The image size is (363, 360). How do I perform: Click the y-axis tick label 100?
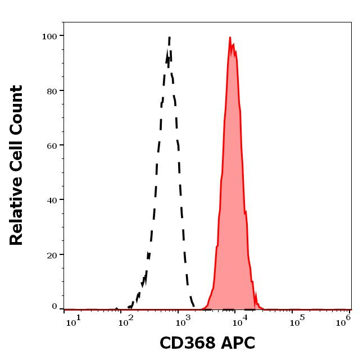pyautogui.click(x=49, y=36)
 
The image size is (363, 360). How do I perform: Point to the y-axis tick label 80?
pyautogui.click(x=52, y=90)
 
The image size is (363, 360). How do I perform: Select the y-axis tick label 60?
pyautogui.click(x=52, y=145)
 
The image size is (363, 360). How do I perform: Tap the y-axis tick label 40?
pyautogui.click(x=52, y=199)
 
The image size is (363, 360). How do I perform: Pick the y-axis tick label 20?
pyautogui.click(x=52, y=254)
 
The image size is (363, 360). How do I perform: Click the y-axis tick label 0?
pyautogui.click(x=55, y=307)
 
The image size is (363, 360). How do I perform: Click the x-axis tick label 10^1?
pyautogui.click(x=73, y=320)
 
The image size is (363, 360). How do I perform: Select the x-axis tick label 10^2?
pyautogui.click(x=128, y=320)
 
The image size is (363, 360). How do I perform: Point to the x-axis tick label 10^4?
pyautogui.click(x=238, y=320)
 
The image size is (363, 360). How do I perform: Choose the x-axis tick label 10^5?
pyautogui.click(x=294, y=320)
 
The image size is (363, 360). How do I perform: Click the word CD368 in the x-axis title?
pyautogui.click(x=185, y=343)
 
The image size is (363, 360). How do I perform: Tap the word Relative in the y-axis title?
pyautogui.click(x=16, y=216)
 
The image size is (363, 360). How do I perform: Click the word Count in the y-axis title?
pyautogui.click(x=16, y=110)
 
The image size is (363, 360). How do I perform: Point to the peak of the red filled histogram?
pyautogui.click(x=230, y=38)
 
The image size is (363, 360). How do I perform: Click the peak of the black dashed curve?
pyautogui.click(x=169, y=38)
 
